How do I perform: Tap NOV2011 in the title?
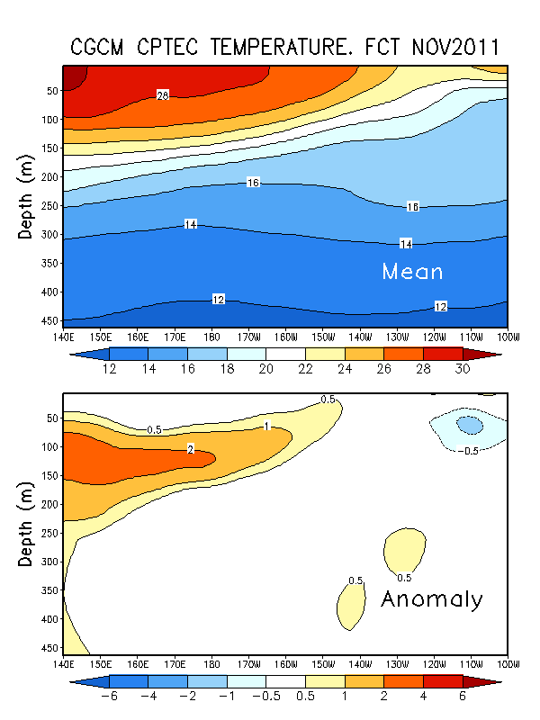click(445, 47)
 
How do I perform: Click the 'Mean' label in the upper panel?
click(412, 271)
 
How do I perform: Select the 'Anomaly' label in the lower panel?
click(432, 599)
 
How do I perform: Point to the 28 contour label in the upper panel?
click(163, 94)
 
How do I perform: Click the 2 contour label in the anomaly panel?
click(190, 448)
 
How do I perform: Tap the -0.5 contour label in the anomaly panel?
click(468, 451)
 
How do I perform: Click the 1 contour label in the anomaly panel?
click(267, 425)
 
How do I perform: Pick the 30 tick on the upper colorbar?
click(462, 369)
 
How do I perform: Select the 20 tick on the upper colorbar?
click(265, 369)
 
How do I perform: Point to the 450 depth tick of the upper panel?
click(47, 321)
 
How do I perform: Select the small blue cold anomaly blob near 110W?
click(469, 424)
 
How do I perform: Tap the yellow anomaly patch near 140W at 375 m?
click(352, 604)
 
